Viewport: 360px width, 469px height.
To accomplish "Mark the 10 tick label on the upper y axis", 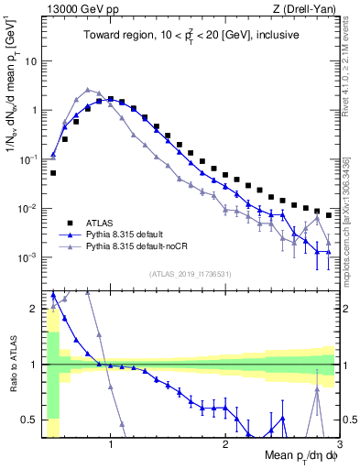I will [30, 60].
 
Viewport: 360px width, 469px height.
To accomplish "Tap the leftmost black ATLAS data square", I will [53, 172].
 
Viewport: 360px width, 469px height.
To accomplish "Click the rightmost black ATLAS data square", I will [329, 215].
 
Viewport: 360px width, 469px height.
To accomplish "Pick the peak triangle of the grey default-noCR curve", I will [88, 90].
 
